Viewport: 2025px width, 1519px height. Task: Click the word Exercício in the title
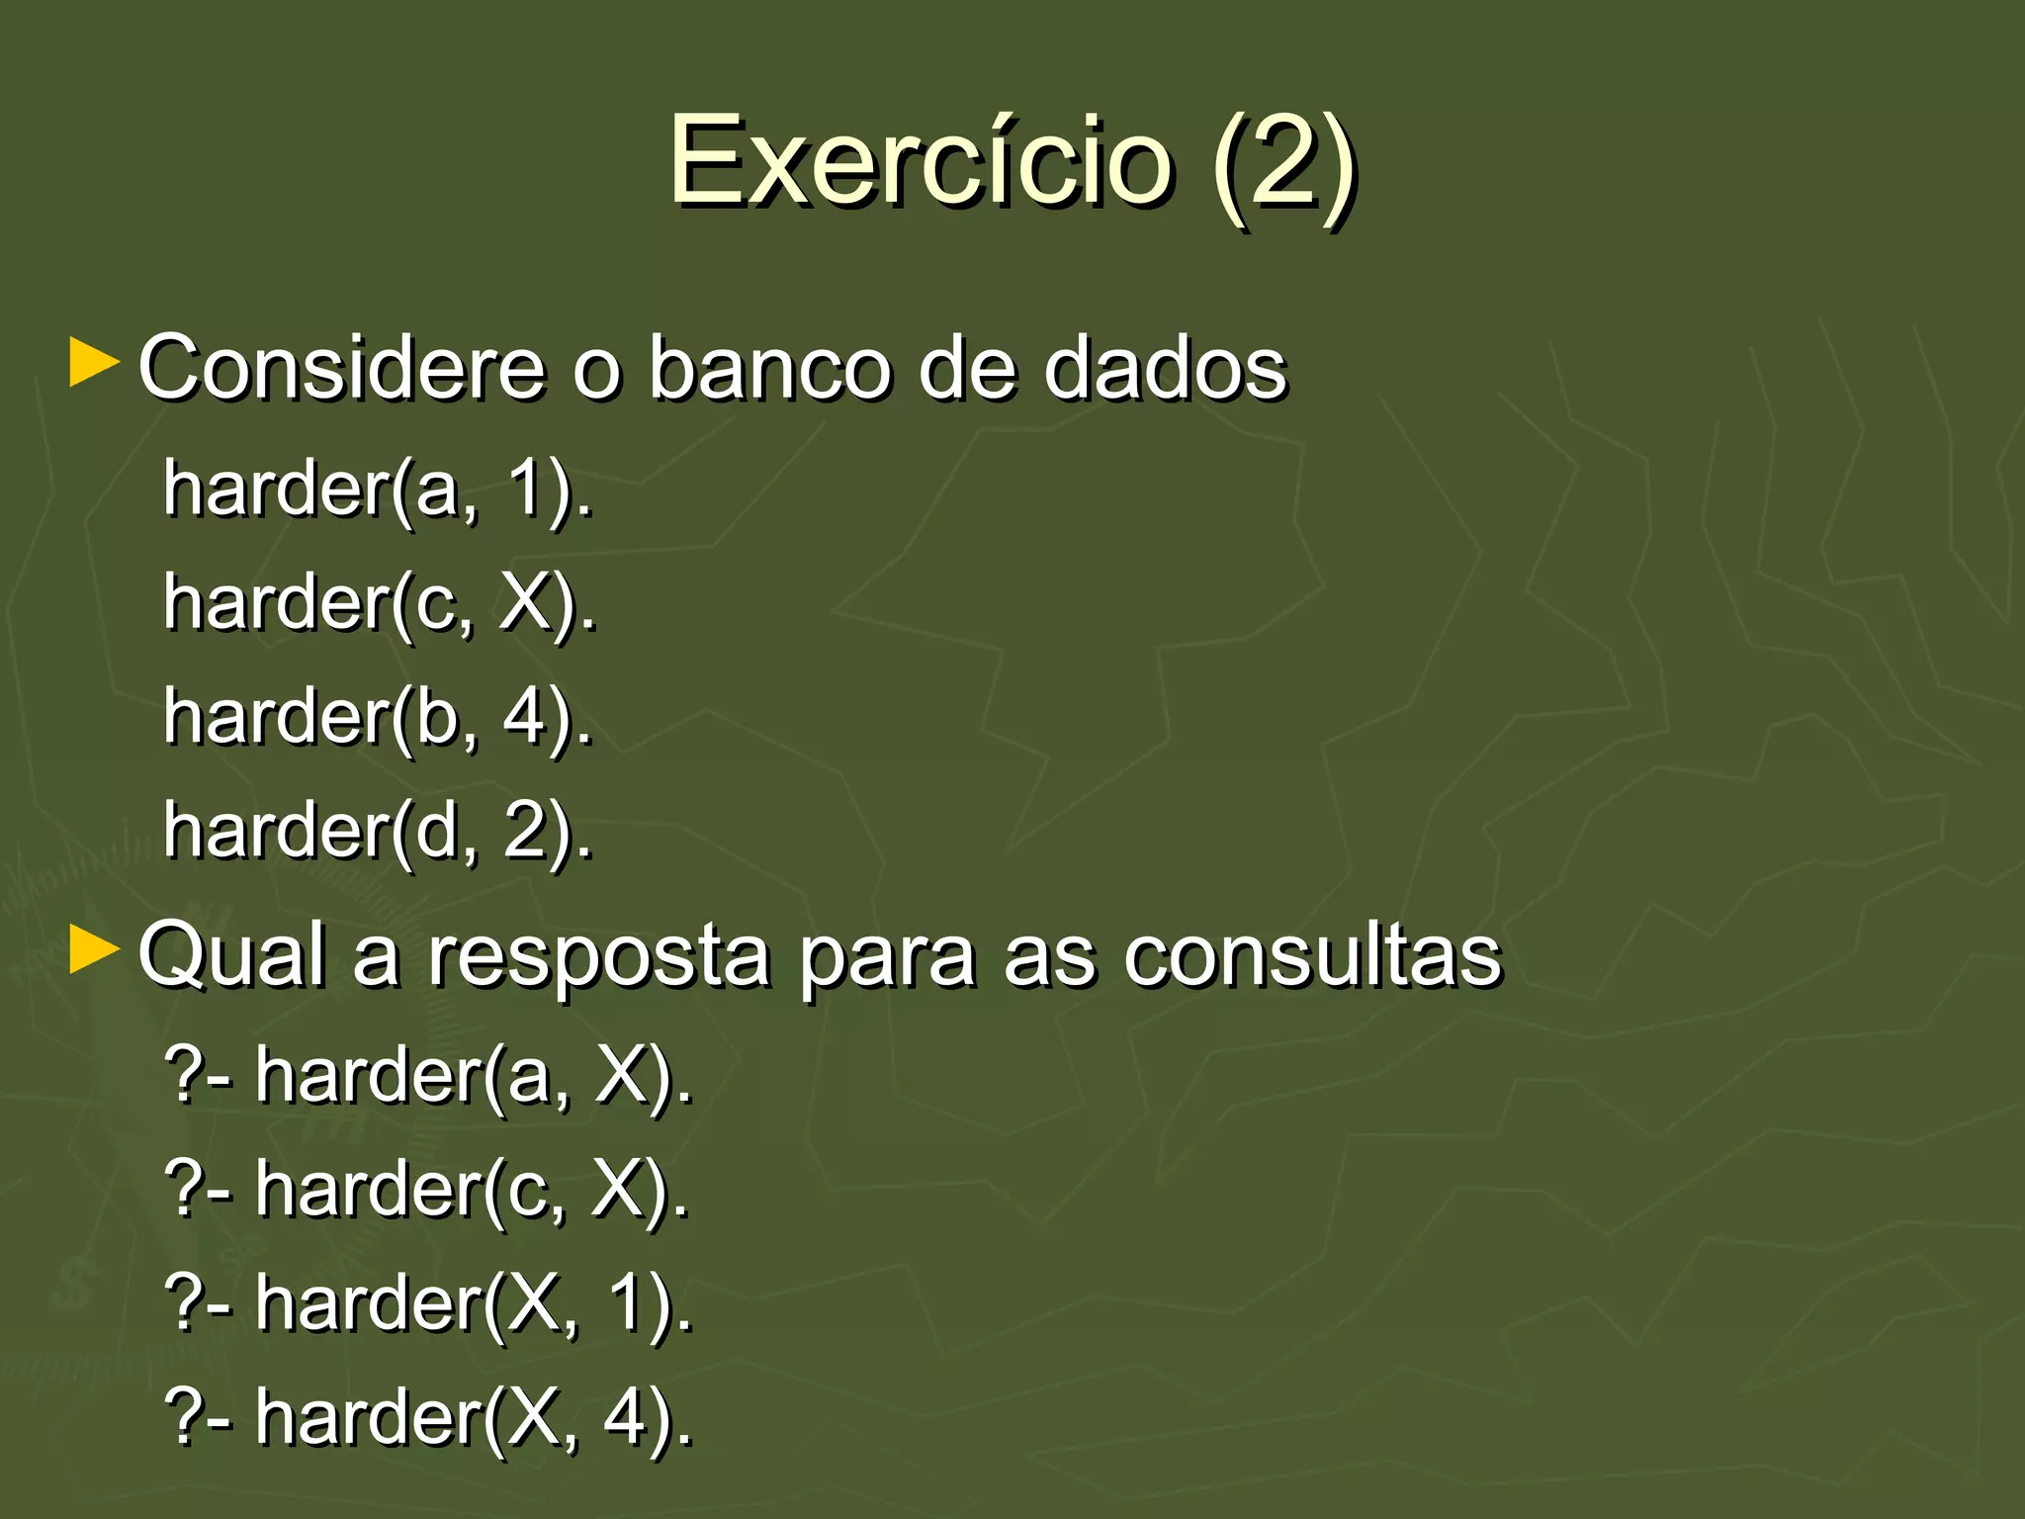point(920,160)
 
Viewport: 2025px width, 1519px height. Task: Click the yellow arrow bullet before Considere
point(95,364)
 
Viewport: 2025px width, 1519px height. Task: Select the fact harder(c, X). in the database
point(380,603)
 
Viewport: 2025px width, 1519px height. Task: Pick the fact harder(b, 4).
point(378,717)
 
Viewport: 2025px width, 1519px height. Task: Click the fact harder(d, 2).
point(378,831)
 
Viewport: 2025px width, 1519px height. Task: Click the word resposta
point(599,957)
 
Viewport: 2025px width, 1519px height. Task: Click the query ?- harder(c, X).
point(427,1190)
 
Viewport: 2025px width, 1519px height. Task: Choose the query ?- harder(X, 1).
point(429,1303)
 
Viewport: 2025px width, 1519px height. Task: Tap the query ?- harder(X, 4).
point(429,1417)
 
